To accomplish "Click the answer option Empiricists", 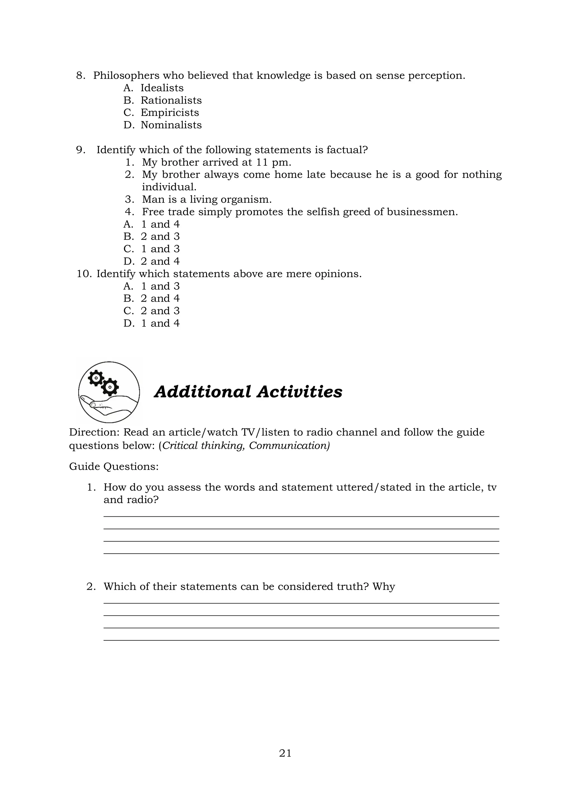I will [170, 113].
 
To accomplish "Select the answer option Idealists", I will [162, 88].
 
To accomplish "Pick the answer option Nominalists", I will [171, 125].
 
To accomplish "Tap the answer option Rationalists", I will [171, 100].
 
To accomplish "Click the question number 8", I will [81, 76].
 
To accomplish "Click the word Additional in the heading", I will [203, 392].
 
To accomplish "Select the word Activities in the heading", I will [299, 392].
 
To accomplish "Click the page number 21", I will [285, 753].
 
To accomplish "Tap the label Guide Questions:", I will [113, 467].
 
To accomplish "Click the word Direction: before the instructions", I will [95, 432].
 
